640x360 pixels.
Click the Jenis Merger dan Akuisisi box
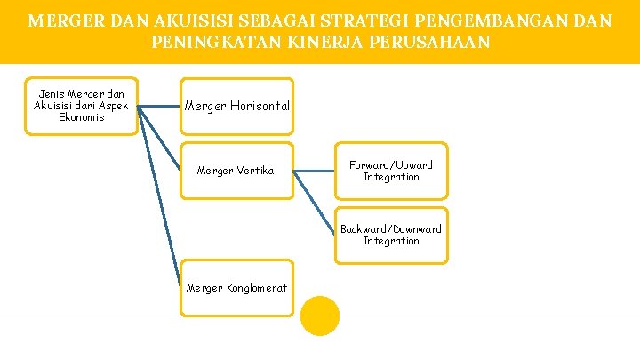pos(81,106)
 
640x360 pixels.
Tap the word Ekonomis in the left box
pos(81,117)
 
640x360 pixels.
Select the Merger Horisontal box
pos(236,107)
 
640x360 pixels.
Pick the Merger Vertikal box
pos(236,171)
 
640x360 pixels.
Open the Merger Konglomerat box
pos(236,288)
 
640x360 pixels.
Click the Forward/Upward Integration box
pos(391,171)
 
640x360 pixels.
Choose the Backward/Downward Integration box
pos(391,235)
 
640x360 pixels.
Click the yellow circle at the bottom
pos(320,316)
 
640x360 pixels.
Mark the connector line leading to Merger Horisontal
pos(159,107)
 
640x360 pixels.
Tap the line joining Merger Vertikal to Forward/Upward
pos(314,171)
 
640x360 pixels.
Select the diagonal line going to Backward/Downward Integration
pos(315,203)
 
